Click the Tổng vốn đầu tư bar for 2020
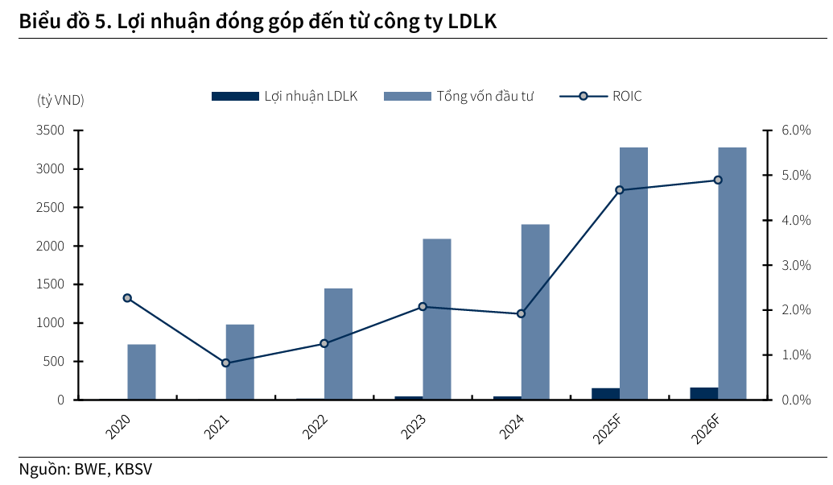(x=142, y=371)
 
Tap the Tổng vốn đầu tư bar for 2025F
(x=633, y=273)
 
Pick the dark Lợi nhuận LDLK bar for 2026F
(x=704, y=393)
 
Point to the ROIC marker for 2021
(x=225, y=363)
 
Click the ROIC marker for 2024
(x=521, y=313)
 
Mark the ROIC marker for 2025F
(x=619, y=190)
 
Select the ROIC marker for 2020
(x=127, y=298)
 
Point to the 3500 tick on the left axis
(x=51, y=131)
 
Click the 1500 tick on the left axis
(x=51, y=284)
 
